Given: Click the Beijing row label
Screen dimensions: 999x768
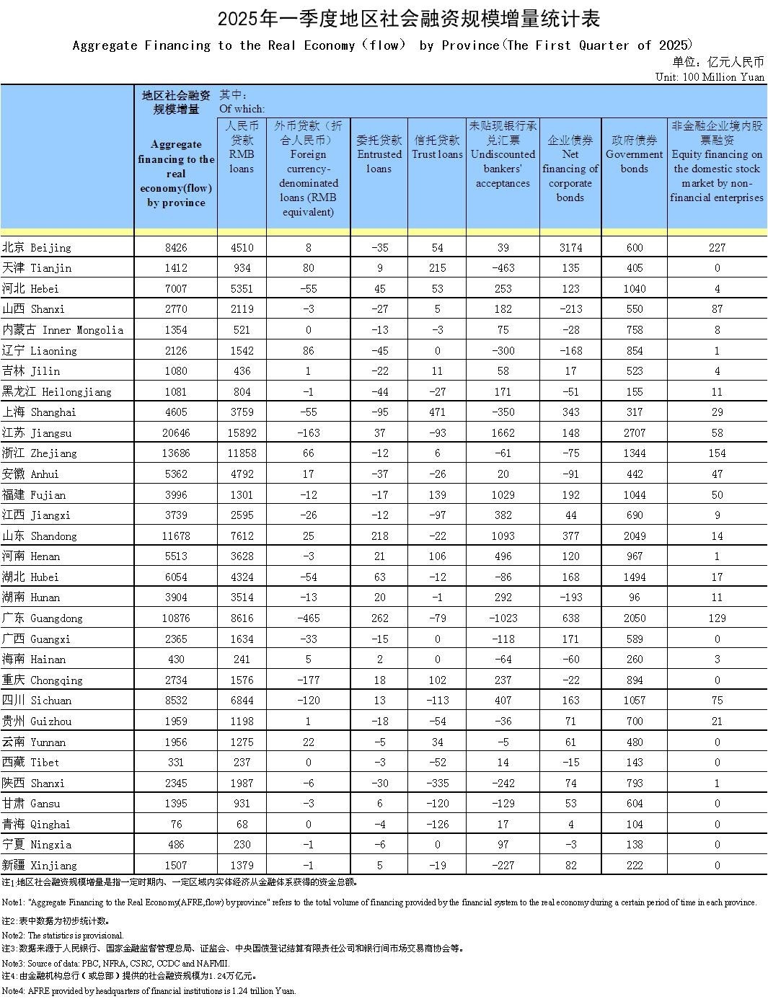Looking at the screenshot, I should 37,247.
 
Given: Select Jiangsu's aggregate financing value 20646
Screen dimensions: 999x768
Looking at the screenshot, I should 176,432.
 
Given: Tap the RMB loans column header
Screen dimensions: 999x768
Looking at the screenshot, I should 242,147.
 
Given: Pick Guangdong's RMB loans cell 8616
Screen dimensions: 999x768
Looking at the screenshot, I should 242,618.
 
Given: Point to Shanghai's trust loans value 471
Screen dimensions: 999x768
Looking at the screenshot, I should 437,412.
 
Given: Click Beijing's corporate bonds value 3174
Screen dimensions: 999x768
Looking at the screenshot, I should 570,247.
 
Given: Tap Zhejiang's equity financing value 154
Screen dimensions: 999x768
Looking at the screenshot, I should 717,453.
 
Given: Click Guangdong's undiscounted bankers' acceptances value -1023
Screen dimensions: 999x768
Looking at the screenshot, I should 503,618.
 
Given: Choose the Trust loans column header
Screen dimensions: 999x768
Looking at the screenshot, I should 437,147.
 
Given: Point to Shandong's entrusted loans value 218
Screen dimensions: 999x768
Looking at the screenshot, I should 379,536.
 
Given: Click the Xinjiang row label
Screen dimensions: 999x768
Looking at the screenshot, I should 39,865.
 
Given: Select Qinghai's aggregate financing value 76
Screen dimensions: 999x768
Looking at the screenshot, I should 176,824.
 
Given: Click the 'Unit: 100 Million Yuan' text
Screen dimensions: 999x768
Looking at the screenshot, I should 710,76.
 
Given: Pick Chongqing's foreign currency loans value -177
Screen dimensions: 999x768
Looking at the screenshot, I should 308,680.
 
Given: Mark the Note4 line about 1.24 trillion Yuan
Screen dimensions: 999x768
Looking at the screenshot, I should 149,991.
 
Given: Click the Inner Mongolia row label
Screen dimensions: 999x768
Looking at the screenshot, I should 62,330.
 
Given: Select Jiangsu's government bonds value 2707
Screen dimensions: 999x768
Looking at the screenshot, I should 634,432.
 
